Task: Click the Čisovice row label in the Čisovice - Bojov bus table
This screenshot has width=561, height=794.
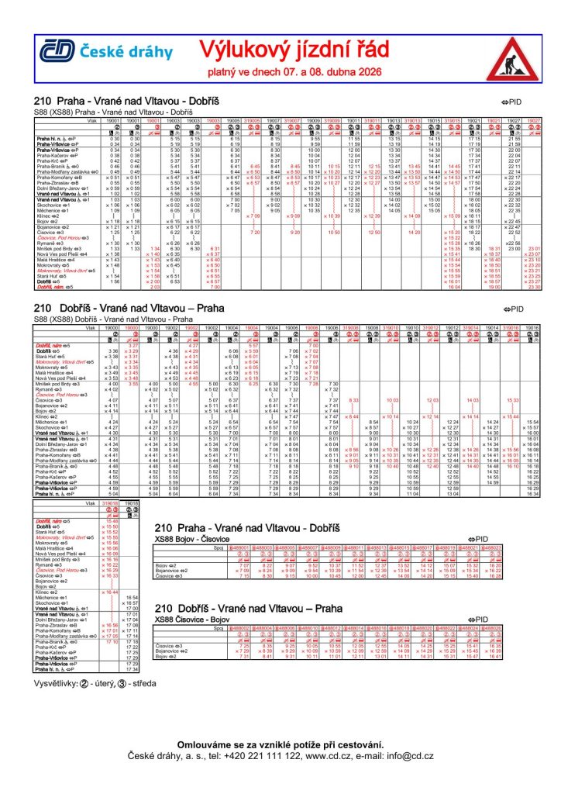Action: pos(167,645)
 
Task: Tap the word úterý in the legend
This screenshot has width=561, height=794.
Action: pos(102,684)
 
